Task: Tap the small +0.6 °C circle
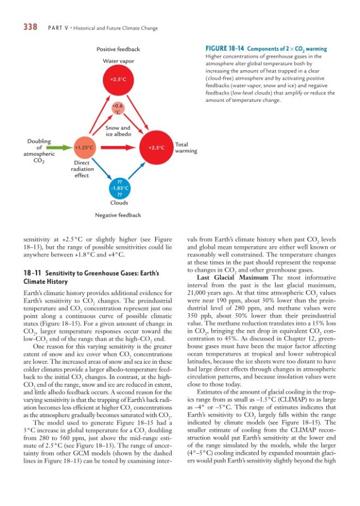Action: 118,109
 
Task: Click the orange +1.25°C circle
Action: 83,147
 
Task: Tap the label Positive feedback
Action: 118,49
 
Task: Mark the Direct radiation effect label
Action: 82,169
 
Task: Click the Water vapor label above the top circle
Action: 118,61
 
